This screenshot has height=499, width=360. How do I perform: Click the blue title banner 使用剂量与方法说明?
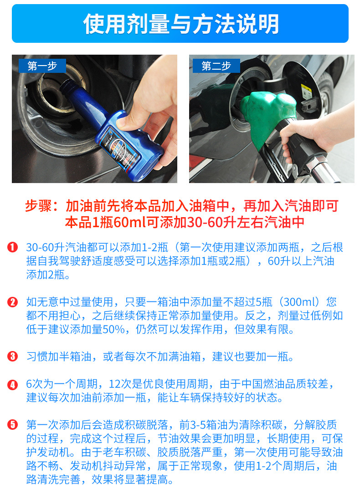coord(180,24)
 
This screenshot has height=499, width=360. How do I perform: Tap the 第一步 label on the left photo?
coord(42,66)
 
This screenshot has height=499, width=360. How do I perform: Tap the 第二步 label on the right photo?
coord(216,66)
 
